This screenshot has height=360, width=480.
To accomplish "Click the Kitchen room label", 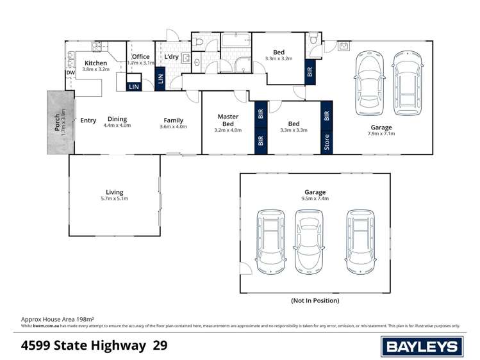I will coord(96,63).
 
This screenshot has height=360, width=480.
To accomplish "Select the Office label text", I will coord(140,56).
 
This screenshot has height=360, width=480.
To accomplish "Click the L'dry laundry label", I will coord(171,57).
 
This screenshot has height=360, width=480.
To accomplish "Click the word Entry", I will coord(88,120).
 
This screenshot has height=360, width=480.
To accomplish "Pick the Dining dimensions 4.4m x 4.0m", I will coord(117,126).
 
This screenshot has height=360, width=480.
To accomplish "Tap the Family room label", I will coord(173,120).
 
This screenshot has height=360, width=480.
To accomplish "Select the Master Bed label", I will coord(228,120).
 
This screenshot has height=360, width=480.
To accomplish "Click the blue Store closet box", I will coord(327,142).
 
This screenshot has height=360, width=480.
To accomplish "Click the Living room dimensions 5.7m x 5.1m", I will coord(115,199).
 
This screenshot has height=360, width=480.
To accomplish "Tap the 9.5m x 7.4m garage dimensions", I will coord(315,199).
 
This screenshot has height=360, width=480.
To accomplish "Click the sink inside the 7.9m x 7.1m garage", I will coord(344,46).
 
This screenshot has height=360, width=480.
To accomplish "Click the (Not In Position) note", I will coord(315,300).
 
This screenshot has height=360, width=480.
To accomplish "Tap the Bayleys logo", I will coord(422,347).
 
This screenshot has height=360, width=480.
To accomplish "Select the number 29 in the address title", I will coord(161,346).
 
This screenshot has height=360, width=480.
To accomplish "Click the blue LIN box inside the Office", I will coord(134,86).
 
